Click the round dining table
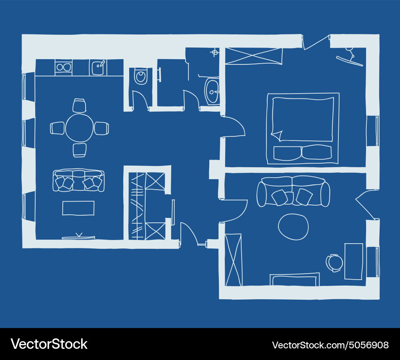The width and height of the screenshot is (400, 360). point(79,128)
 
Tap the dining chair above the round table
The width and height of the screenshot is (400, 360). point(79,106)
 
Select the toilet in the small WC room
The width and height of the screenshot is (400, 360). point(140,76)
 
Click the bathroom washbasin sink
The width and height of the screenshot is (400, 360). point(212,90)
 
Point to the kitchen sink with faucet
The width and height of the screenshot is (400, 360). point(98,68)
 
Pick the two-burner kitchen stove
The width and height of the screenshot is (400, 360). point(63,67)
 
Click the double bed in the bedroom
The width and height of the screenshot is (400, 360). point(303,128)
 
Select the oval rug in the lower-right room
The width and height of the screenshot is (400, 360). point(293,227)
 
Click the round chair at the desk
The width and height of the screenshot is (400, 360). point(334,263)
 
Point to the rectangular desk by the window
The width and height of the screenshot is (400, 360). point(354,261)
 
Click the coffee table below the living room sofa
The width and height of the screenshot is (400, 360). point(78,208)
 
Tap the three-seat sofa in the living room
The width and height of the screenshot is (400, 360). point(78,181)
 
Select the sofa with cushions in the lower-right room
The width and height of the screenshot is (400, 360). point(293,191)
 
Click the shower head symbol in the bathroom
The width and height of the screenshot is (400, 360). point(215,52)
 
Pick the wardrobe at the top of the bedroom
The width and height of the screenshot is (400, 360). point(254,56)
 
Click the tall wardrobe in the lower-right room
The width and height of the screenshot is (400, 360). point(234,260)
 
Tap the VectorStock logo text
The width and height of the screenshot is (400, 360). point(49,344)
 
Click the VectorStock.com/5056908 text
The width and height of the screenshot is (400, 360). point(330,345)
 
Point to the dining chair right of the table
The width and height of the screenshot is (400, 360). point(102,128)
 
